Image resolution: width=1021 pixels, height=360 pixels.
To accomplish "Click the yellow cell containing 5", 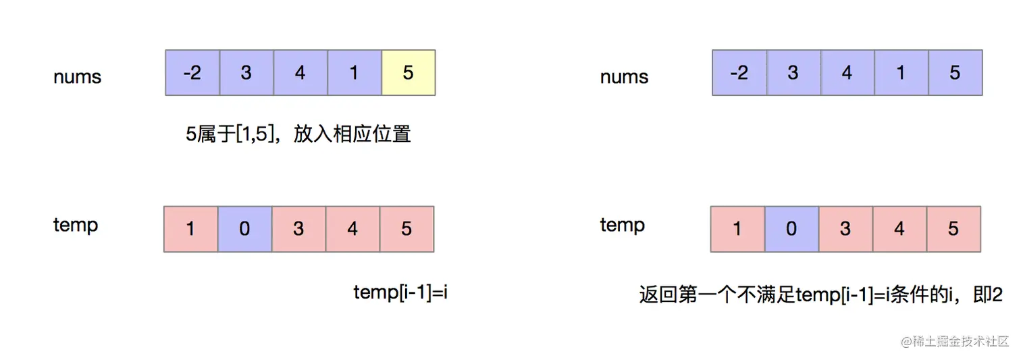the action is point(408,72).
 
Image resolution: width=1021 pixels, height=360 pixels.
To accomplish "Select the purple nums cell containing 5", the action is point(955,72).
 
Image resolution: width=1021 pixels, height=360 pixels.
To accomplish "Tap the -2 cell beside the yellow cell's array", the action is point(192,72).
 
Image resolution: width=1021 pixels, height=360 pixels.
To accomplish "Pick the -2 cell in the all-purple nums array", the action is point(739,72).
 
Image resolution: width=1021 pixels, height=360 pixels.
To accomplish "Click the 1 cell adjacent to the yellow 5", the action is point(354,72).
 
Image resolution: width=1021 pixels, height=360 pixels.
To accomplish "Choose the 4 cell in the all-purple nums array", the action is point(847,72).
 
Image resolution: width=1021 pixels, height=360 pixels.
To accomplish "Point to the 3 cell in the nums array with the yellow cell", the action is point(246,72).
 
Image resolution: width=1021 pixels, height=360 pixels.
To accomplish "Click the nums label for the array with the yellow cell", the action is point(77,77).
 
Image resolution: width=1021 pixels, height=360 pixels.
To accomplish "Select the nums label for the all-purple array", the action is point(624,77).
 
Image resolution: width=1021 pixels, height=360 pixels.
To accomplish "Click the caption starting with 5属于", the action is point(298,134).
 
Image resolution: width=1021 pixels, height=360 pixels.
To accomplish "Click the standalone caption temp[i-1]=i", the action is point(400,292).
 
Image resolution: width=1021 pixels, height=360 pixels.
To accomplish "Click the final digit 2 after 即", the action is point(997,295).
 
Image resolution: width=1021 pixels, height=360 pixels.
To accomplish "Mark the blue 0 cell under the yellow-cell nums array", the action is point(244,229).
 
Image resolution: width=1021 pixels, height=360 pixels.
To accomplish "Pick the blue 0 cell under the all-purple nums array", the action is point(791,229).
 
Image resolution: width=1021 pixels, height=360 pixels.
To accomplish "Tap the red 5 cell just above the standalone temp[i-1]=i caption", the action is point(407,229).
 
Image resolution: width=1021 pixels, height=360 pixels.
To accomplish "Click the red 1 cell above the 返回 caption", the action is point(737,229).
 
